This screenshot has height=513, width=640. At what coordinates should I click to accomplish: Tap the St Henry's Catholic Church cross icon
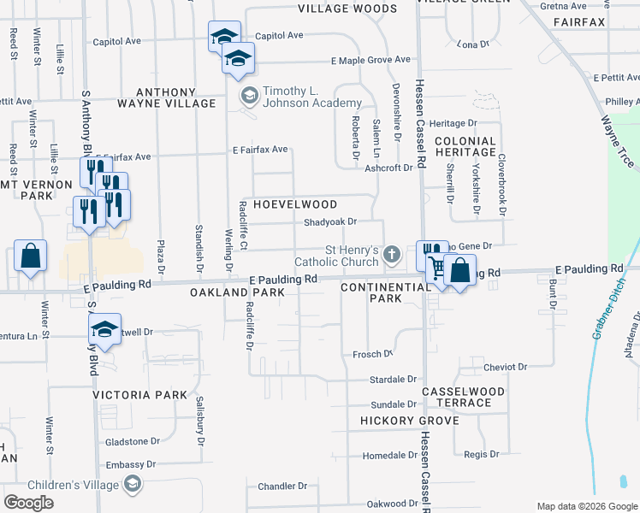pos(392,253)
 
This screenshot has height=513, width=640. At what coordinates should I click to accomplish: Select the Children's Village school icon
pos(132,485)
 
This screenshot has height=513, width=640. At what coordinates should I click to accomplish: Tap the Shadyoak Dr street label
pos(329,221)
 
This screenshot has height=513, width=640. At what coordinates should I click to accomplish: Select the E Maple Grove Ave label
pos(371,61)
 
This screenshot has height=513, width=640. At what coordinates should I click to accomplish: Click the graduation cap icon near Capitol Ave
pos(224,38)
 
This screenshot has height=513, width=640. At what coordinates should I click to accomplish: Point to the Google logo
pos(29,503)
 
